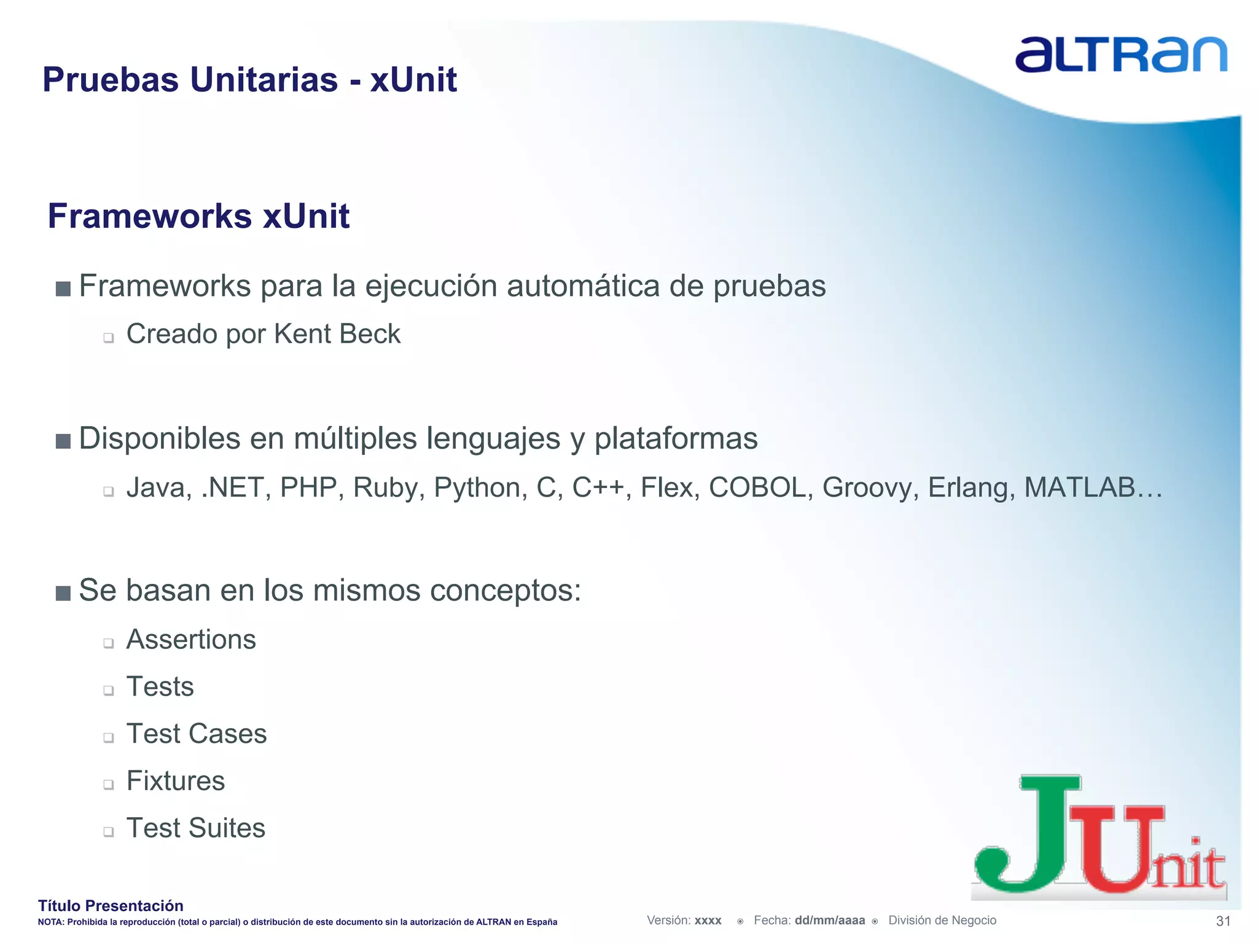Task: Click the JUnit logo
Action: [1099, 838]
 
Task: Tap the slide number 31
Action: [1223, 921]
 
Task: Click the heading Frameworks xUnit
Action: [198, 216]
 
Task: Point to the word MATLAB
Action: [1080, 488]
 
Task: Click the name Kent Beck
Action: [337, 335]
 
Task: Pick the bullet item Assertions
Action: [191, 640]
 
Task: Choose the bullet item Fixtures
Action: [176, 781]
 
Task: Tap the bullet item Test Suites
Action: [195, 828]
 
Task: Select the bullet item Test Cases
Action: [197, 734]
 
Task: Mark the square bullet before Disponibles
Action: [63, 441]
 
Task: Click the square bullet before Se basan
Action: [63, 592]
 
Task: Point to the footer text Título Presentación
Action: [111, 906]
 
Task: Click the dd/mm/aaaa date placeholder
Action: [829, 920]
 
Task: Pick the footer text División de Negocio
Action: [942, 920]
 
